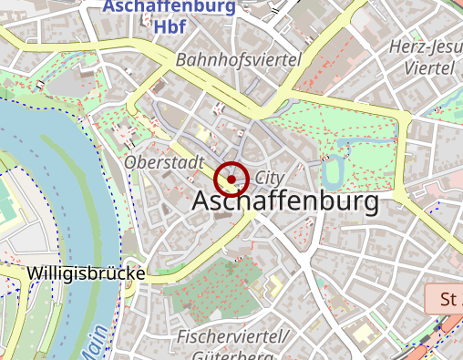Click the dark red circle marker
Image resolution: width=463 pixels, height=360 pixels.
tap(232, 179)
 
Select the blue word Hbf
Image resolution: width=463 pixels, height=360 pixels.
tap(170, 27)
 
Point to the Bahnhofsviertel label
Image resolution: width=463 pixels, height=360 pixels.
tap(239, 59)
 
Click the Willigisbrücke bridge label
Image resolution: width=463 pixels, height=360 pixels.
tap(87, 273)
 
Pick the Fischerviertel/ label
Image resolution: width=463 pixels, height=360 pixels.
tap(232, 337)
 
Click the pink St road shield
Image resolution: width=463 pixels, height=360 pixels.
tap(446, 299)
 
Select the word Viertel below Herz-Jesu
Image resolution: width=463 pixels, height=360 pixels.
tap(428, 68)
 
